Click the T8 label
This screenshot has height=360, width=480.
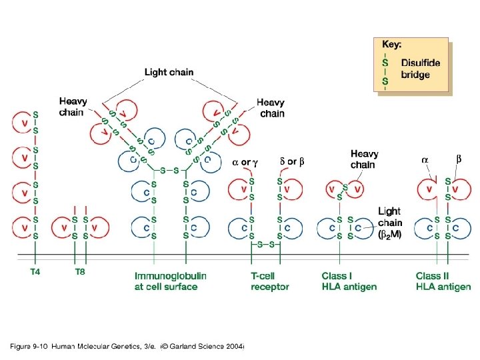(x=81, y=271)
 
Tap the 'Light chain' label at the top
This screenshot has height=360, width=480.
(x=169, y=72)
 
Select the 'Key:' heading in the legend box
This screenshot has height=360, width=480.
(x=391, y=45)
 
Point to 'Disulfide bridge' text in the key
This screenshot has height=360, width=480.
(x=420, y=69)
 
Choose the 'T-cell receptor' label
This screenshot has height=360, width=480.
(x=269, y=281)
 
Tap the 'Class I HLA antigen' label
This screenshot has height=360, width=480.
(x=349, y=281)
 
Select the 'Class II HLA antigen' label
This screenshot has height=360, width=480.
(x=443, y=281)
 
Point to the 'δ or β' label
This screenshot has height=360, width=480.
(x=291, y=162)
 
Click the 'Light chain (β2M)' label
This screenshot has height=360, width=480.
(x=390, y=223)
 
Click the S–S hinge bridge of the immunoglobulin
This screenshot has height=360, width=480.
(x=170, y=170)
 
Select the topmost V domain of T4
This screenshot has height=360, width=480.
(x=25, y=123)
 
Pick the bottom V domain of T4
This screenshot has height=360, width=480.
(x=25, y=227)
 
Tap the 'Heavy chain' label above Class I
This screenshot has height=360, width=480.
(x=363, y=159)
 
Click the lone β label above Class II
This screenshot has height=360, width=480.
(x=459, y=159)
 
